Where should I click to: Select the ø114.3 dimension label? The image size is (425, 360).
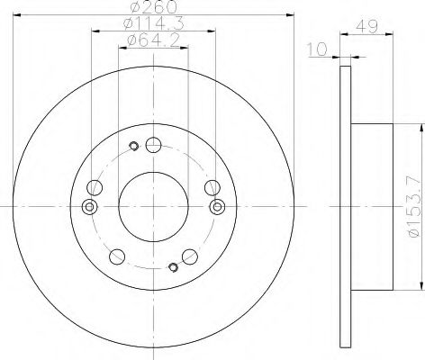153,24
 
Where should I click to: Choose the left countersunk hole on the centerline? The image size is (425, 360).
88,207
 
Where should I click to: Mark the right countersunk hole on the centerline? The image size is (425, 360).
216,207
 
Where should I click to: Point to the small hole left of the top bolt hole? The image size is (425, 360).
133,147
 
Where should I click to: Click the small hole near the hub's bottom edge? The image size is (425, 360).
173,265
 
